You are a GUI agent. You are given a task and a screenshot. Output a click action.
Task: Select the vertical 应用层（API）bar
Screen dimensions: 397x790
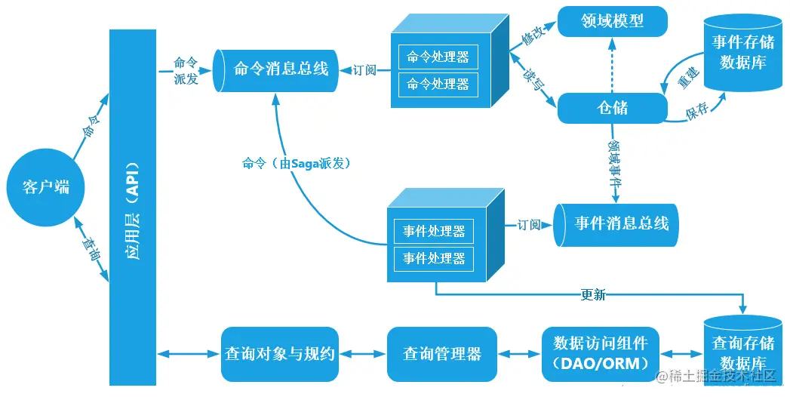pos(132,208)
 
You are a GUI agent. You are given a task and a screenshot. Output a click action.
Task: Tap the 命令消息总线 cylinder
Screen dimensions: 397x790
pos(275,69)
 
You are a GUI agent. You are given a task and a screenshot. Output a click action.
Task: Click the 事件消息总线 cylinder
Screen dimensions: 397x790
pos(617,224)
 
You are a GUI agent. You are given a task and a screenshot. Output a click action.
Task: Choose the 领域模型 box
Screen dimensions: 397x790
pos(613,21)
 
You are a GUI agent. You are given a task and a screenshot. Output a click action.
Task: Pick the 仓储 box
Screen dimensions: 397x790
pos(612,108)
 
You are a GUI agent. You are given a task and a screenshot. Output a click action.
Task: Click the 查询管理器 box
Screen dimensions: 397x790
pos(441,353)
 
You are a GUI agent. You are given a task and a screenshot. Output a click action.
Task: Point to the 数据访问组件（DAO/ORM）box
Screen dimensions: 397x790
pos(600,353)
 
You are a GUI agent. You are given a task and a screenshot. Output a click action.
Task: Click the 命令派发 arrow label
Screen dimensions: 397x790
pos(186,71)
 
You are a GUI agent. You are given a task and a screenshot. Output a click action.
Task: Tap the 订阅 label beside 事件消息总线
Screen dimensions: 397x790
pos(529,224)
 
